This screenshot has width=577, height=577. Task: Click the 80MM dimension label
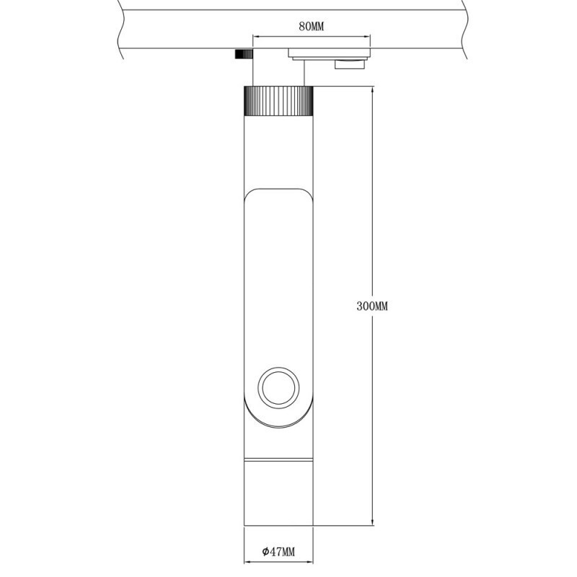click(x=311, y=27)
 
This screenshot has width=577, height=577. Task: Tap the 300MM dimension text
click(x=372, y=306)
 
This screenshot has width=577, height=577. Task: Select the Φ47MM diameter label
click(x=278, y=551)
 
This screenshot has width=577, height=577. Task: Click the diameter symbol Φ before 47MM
click(x=265, y=551)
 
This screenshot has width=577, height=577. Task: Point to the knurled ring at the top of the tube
click(x=278, y=101)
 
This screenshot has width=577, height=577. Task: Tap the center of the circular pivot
click(x=278, y=388)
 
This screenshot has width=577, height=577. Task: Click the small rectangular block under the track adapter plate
click(x=351, y=66)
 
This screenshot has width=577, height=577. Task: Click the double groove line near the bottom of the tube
click(x=278, y=459)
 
